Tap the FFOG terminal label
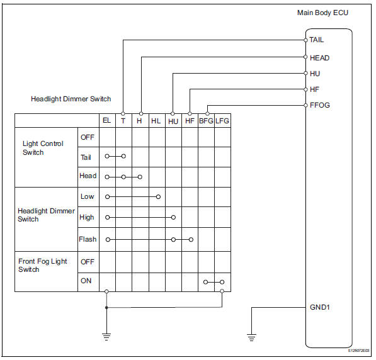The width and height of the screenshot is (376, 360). [x=321, y=105]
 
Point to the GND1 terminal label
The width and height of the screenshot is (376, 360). [x=321, y=308]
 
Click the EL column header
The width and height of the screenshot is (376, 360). [x=106, y=121]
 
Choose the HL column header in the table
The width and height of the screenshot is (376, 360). [x=156, y=121]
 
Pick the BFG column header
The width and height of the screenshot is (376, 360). [x=206, y=121]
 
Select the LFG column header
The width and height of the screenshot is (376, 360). [x=222, y=121]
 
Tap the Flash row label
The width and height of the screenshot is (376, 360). [x=88, y=239]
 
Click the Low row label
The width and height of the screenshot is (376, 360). [x=88, y=196]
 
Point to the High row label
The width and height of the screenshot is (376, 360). [x=88, y=218]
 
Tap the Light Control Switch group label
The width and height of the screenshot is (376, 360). [x=43, y=148]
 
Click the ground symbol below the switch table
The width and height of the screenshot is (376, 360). [x=106, y=337]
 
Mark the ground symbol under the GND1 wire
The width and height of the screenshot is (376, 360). [x=252, y=337]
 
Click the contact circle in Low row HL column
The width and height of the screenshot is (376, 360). [x=157, y=196]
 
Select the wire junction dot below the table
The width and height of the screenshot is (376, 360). [x=106, y=308]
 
